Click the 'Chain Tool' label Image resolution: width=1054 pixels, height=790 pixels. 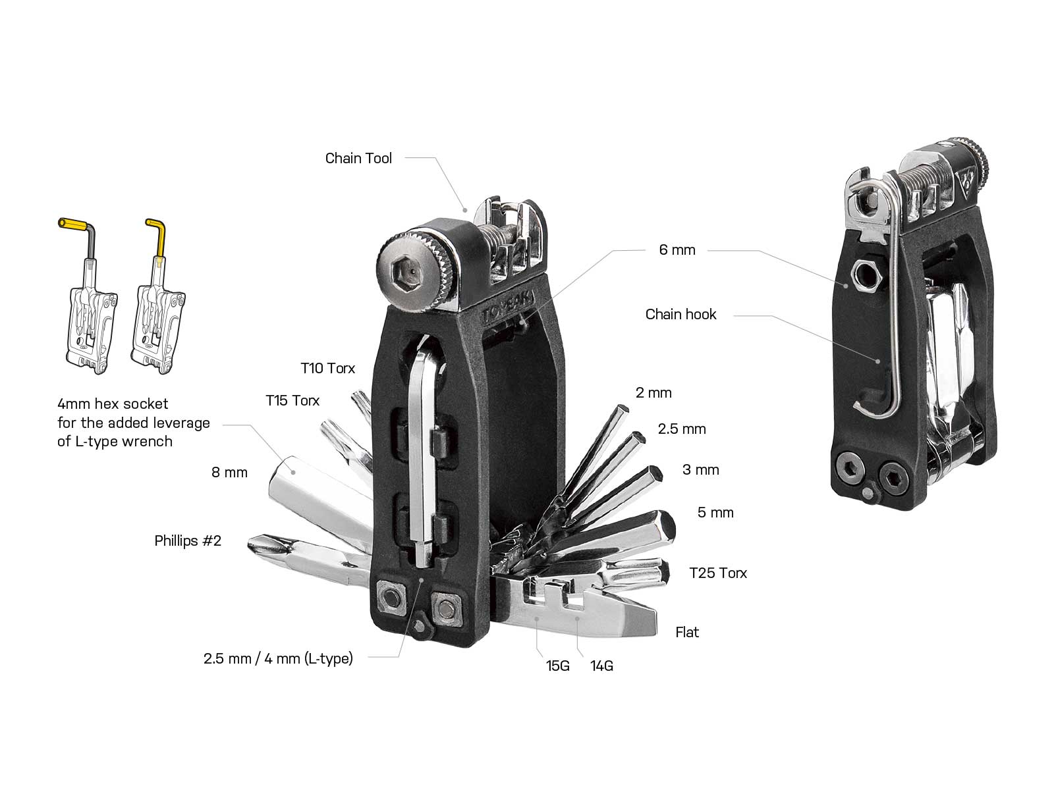click(x=358, y=158)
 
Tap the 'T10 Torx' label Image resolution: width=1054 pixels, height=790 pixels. click(x=327, y=368)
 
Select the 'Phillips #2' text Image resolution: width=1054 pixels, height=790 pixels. click(x=188, y=540)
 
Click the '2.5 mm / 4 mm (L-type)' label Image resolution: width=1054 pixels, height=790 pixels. click(x=278, y=658)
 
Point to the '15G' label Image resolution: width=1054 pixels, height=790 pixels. click(x=557, y=666)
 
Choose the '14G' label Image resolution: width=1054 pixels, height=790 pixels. click(x=601, y=666)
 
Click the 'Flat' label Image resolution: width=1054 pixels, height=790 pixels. click(x=687, y=632)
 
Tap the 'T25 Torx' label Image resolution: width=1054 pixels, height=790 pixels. click(x=718, y=573)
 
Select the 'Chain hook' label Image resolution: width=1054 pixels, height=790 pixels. click(x=680, y=314)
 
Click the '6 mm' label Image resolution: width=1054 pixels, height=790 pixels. click(x=677, y=250)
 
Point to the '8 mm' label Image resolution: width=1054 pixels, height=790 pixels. click(x=229, y=472)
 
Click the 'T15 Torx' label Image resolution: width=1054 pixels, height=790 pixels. click(x=292, y=400)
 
